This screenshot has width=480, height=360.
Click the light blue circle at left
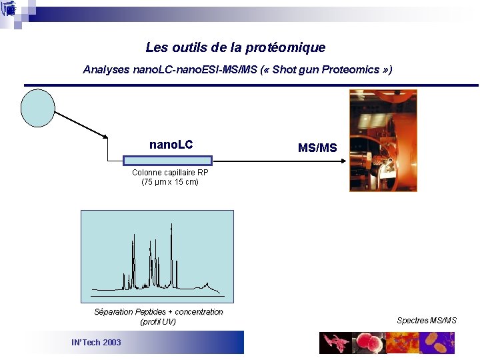click(x=37, y=107)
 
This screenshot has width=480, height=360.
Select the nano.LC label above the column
click(x=171, y=145)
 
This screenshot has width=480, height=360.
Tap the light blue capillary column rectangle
click(x=167, y=160)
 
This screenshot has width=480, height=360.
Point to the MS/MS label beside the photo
click(x=317, y=147)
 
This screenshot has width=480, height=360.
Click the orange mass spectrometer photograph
click(x=383, y=141)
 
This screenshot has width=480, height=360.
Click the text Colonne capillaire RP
click(x=170, y=173)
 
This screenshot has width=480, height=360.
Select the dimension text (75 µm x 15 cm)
click(x=170, y=182)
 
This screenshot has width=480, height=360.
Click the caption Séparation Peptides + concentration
click(x=159, y=312)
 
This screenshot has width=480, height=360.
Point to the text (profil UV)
click(x=158, y=322)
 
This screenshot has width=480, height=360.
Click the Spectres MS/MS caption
click(x=427, y=321)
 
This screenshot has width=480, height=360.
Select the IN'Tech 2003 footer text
click(x=96, y=343)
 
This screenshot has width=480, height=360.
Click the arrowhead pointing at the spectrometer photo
click(x=343, y=161)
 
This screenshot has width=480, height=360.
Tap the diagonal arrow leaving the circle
click(x=80, y=125)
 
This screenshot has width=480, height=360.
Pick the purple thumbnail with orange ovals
click(x=437, y=343)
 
